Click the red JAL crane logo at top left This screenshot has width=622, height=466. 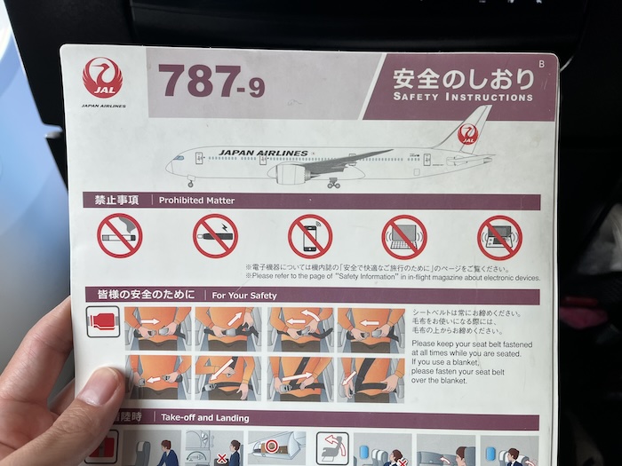(102, 78)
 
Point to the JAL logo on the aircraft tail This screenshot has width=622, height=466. (467, 136)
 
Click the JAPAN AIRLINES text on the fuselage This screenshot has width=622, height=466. (263, 154)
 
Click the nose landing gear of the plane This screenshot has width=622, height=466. (189, 183)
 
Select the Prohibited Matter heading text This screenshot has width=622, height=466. (196, 201)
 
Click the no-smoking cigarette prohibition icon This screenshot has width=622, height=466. (120, 236)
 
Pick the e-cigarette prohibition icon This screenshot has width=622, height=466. (215, 236)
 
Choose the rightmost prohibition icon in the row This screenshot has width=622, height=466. (499, 238)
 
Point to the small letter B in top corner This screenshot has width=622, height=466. (541, 63)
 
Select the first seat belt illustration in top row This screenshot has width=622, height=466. (157, 328)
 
